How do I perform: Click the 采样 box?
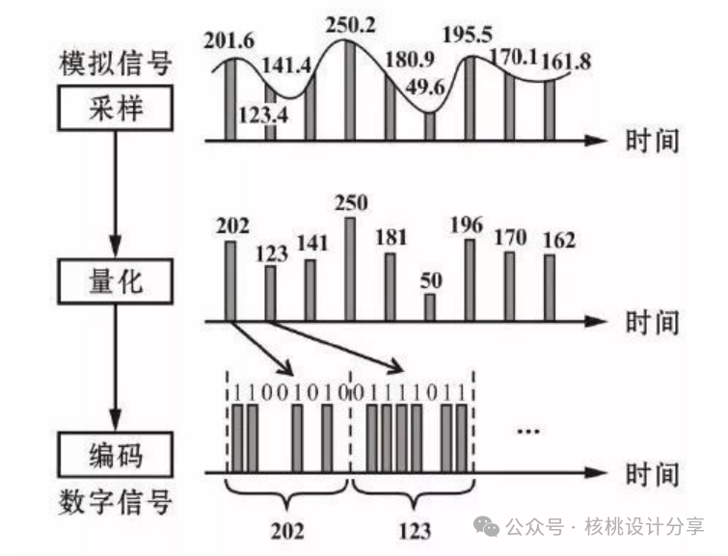point(116,108)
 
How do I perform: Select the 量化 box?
point(116,281)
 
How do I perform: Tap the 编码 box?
point(116,455)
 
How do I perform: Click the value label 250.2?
point(350,25)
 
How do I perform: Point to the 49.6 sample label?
point(425,88)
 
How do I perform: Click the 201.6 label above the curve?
point(229,40)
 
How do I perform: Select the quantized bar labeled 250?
point(350,269)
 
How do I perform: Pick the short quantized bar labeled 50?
point(430,307)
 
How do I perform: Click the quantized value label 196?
point(467,225)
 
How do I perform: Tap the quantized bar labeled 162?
point(550,288)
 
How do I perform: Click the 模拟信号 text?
point(116,64)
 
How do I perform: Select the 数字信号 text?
point(116,503)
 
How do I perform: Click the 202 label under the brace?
point(287,531)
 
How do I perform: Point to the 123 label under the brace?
point(415,531)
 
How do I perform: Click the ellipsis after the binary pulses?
point(528,432)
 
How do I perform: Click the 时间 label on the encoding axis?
point(653,473)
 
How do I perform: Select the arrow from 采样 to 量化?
point(116,195)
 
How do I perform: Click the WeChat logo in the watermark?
point(486,527)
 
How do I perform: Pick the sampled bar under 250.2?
point(350,90)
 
